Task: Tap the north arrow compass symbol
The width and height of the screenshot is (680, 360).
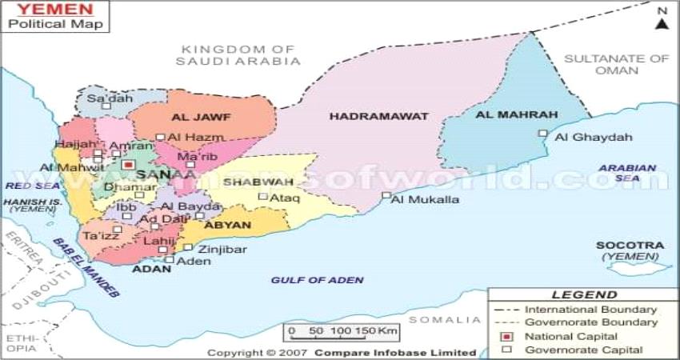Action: [662, 19]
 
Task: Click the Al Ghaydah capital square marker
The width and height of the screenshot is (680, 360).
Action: [543, 134]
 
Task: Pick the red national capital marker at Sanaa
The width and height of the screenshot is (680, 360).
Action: [129, 165]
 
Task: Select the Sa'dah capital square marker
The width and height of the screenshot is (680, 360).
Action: [105, 106]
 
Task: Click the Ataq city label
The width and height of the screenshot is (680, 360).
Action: [285, 197]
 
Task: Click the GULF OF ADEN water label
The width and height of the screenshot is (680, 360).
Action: [317, 280]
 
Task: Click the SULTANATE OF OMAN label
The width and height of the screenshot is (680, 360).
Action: [615, 64]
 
